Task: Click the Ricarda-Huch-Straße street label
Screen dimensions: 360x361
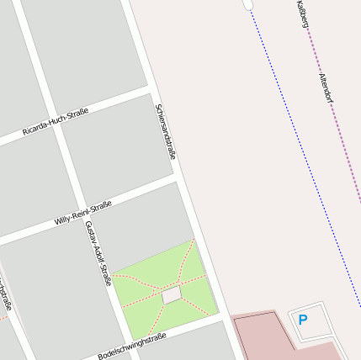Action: click(x=56, y=123)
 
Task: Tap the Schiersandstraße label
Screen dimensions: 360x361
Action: click(x=166, y=132)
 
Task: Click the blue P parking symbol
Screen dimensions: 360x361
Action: click(x=303, y=320)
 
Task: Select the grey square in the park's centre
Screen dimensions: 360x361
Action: click(x=172, y=295)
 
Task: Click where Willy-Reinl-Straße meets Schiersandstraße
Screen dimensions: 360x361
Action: click(x=179, y=178)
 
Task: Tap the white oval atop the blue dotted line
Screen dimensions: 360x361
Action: click(x=247, y=4)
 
